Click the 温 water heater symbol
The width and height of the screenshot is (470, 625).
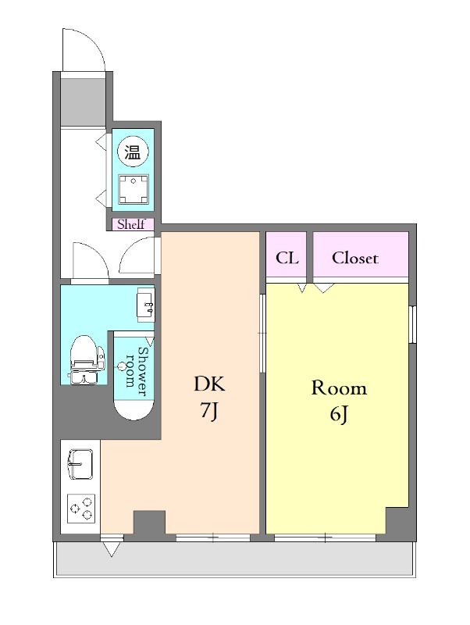click(x=133, y=152)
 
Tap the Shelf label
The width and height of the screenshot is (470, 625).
click(x=131, y=224)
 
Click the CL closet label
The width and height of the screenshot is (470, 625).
click(x=287, y=258)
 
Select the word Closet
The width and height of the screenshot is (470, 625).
click(x=354, y=258)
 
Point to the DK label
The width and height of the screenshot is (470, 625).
click(x=209, y=384)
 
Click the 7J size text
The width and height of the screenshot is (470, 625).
click(x=209, y=411)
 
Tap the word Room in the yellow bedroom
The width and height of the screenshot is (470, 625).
click(x=339, y=387)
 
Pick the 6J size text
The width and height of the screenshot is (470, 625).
click(x=339, y=415)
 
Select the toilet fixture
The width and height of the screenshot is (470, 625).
click(x=87, y=359)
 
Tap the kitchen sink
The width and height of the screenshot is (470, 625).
click(x=80, y=464)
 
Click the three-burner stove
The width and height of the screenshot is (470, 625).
click(x=81, y=509)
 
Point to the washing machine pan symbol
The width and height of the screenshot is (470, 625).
click(x=134, y=189)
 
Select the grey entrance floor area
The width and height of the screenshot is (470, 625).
click(x=83, y=102)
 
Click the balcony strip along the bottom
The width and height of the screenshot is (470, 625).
click(x=234, y=559)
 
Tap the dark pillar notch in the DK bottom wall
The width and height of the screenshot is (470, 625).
click(x=149, y=523)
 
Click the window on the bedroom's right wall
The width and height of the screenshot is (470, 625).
click(x=413, y=324)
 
